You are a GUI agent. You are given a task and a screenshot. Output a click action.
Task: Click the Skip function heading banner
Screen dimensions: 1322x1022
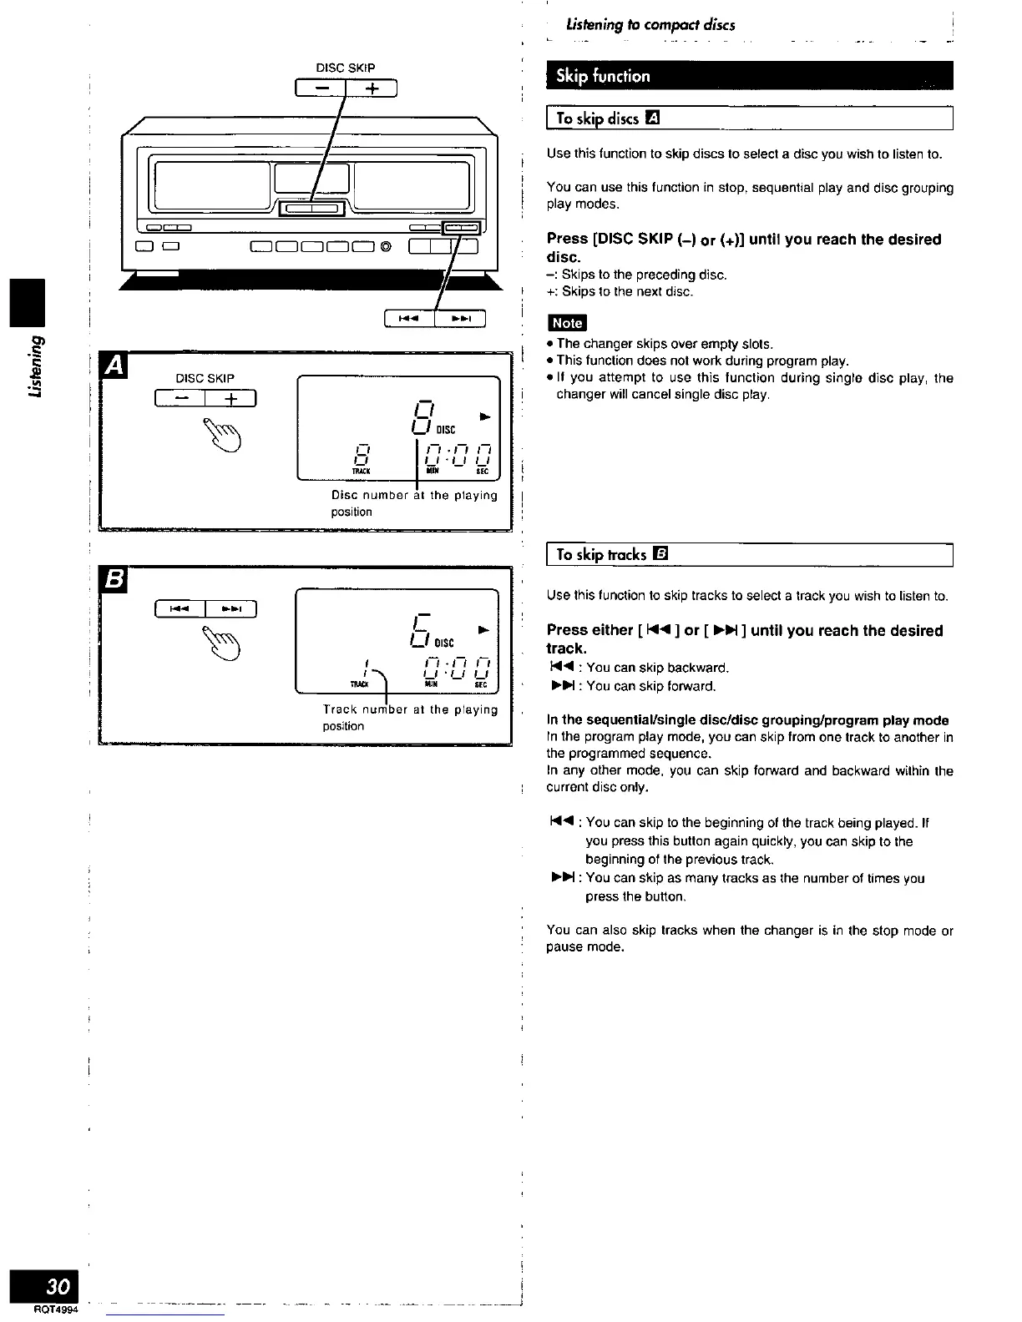(749, 76)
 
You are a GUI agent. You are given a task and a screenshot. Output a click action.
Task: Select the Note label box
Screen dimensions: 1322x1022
(567, 323)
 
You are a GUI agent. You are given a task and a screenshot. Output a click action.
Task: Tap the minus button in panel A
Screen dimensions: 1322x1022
(180, 399)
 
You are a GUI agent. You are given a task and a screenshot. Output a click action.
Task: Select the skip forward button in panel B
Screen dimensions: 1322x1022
(230, 609)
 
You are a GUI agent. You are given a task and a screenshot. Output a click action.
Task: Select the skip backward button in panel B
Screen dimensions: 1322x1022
(180, 609)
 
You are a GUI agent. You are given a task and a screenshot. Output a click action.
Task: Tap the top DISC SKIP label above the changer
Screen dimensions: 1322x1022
(346, 68)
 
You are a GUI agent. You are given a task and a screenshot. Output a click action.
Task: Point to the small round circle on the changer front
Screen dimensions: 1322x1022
(386, 245)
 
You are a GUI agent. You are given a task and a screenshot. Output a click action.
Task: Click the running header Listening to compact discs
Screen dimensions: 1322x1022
(650, 25)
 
